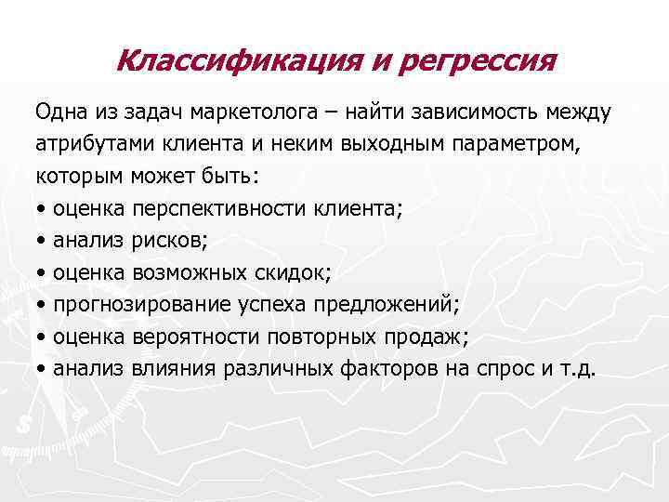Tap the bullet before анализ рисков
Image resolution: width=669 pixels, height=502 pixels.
pos(42,241)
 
